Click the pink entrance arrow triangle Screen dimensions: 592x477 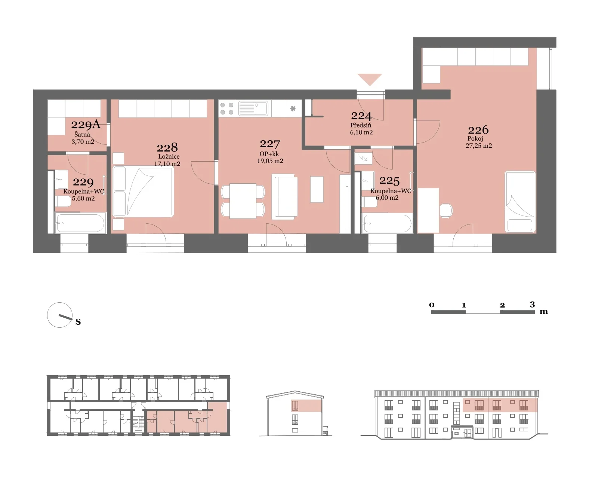(x=370, y=79)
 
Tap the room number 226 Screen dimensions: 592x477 (x=478, y=130)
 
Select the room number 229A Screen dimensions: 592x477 (x=86, y=125)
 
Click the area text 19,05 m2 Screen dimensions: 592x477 (x=270, y=161)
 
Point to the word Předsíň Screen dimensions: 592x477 (x=361, y=125)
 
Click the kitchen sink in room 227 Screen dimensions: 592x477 (x=253, y=108)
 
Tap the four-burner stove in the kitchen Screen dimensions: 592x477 (x=227, y=108)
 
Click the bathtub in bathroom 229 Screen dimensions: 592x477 (x=80, y=223)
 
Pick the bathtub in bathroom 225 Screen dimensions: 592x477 (x=387, y=223)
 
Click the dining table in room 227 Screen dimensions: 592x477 (x=243, y=201)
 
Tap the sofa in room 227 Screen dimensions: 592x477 (x=284, y=197)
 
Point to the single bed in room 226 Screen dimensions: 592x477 (x=520, y=202)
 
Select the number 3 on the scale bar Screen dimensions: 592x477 (x=532, y=304)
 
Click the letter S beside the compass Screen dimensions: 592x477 (x=78, y=322)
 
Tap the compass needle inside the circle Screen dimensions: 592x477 (x=65, y=317)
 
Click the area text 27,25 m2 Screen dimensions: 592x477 (x=479, y=146)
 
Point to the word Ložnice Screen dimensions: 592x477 (x=169, y=156)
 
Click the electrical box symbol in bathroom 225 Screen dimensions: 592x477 (x=363, y=158)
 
